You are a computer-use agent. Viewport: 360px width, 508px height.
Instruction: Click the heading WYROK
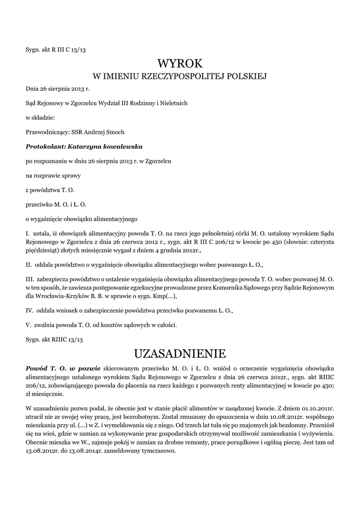180,63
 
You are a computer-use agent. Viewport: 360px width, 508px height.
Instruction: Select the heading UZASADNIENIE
180,353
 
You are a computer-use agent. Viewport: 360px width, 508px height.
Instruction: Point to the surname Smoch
115,132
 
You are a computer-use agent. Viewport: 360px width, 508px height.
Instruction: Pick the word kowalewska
124,146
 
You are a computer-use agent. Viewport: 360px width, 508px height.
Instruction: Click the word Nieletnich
173,103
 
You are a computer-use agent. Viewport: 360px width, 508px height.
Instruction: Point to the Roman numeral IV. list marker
29,311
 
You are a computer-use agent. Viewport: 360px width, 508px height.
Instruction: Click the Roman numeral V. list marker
28,325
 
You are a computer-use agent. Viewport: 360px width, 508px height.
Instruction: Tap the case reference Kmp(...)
164,296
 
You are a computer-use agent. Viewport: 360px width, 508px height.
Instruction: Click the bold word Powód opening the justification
36,368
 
